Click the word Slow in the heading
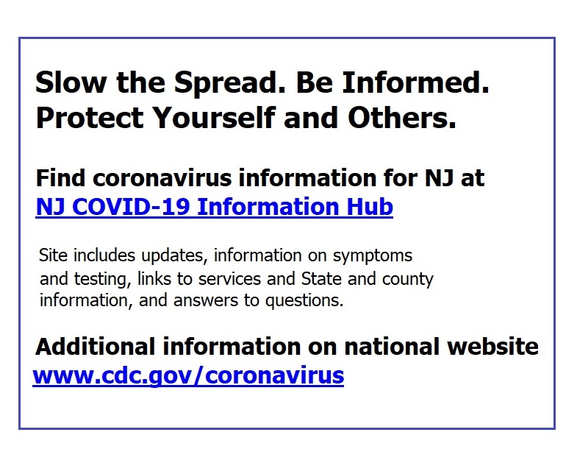pyautogui.click(x=71, y=82)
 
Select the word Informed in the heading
pyautogui.click(x=415, y=82)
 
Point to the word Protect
pyautogui.click(x=90, y=118)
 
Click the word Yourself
pyautogui.click(x=214, y=118)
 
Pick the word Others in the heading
pyautogui.click(x=402, y=118)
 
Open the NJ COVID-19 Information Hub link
pyautogui.click(x=215, y=207)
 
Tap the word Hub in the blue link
pyautogui.click(x=370, y=206)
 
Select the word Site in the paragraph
pyautogui.click(x=54, y=255)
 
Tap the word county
pyautogui.click(x=408, y=280)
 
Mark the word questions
pyautogui.click(x=304, y=301)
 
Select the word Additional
pyautogui.click(x=96, y=347)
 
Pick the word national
pyautogui.click(x=392, y=347)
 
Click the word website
pyautogui.click(x=492, y=347)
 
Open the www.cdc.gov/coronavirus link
pyautogui.click(x=188, y=376)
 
